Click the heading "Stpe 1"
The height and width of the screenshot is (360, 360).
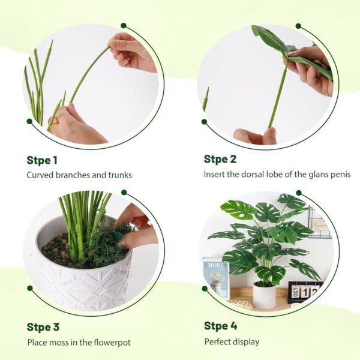pos(42,160)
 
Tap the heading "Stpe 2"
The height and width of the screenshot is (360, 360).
pos(220,159)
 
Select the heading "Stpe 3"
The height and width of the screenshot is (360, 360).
pos(43,327)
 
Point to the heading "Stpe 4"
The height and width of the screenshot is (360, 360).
pos(220,326)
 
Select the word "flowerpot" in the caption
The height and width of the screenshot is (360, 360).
pos(109,343)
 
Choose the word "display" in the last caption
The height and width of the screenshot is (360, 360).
pos(247,342)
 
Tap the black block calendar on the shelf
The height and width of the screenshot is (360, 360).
pos(305,292)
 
